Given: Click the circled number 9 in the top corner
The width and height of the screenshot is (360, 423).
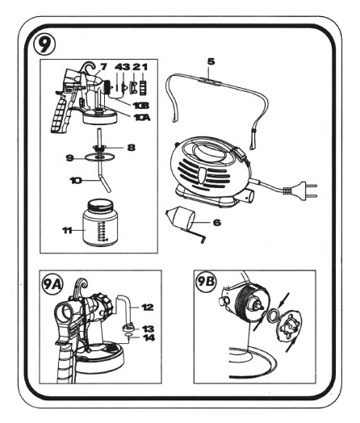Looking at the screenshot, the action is coord(45,44).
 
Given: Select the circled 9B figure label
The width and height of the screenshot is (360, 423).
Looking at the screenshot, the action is coord(206,282).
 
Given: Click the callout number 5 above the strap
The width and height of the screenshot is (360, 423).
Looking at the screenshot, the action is coord(211,61).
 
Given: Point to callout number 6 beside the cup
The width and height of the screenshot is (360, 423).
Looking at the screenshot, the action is coord(217,222).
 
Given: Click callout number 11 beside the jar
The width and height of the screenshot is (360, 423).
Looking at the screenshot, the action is coord(67,230).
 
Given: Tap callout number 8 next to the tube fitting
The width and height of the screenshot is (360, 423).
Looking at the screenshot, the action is coord(131,148).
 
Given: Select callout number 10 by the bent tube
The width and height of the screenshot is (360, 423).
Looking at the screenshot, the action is coord(76,180).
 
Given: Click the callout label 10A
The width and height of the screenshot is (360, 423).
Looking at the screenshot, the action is coord(142,118).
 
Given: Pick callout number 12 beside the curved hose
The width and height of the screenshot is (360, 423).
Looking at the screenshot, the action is coord(148,307).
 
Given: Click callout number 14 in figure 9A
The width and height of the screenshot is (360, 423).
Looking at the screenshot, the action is coord(149,337).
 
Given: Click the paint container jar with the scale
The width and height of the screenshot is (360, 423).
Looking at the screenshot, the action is coord(100,223).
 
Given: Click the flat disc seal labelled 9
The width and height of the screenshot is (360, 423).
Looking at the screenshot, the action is coord(99,157).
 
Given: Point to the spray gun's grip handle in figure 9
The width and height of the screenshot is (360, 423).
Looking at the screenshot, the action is coord(61,116).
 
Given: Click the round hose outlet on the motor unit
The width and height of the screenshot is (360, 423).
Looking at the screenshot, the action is coord(248,195).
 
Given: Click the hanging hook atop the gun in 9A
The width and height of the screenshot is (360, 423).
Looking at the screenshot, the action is coord(82,286).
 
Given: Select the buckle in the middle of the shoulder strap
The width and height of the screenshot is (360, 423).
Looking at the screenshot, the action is coord(211,80).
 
